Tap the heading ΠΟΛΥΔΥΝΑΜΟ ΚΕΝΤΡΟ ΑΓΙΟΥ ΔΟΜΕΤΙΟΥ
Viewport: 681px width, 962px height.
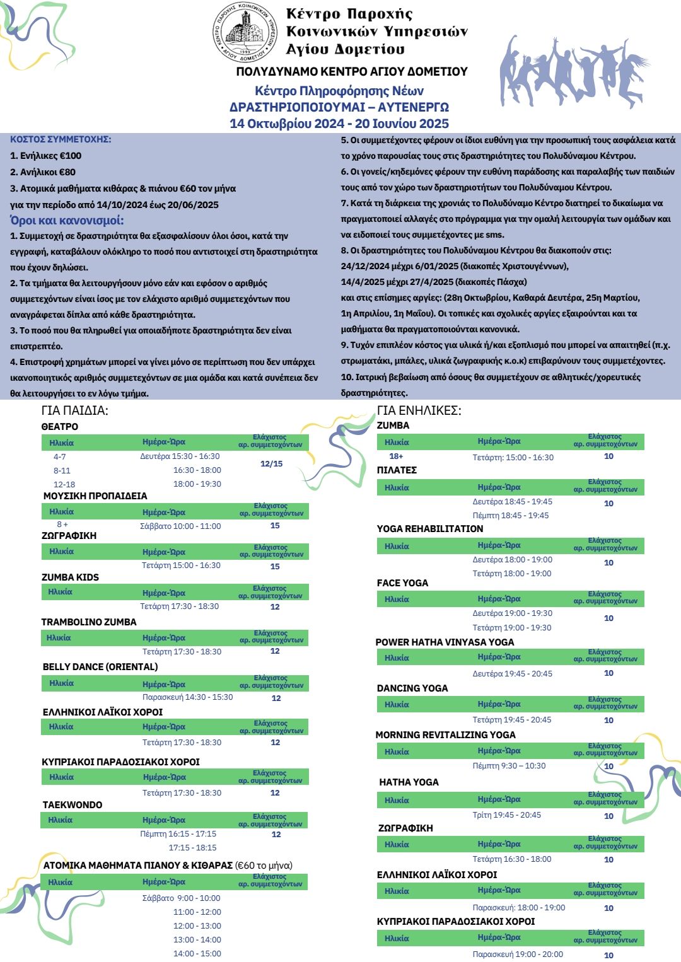tap(352, 72)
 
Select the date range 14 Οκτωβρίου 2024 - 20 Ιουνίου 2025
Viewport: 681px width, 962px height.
tap(339, 124)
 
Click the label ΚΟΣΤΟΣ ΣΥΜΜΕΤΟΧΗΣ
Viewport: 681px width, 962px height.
tap(61, 139)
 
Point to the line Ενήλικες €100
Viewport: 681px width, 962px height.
tap(46, 156)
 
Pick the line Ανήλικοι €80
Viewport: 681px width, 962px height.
tap(43, 172)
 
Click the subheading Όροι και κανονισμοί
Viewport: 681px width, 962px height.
tap(67, 220)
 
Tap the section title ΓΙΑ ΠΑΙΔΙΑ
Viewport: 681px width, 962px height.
tap(74, 410)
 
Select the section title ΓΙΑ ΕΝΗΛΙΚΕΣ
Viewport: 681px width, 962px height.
tap(419, 410)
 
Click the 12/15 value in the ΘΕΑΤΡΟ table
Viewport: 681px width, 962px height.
tap(271, 464)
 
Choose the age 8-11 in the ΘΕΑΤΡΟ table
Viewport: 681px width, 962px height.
tap(62, 470)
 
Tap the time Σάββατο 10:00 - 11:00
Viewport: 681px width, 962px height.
tap(180, 526)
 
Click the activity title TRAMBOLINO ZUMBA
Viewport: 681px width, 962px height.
tap(89, 622)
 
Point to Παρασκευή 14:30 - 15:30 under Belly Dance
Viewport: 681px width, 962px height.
tap(187, 697)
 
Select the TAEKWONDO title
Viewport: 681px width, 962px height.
tap(72, 805)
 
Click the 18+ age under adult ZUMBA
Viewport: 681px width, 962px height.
tap(396, 456)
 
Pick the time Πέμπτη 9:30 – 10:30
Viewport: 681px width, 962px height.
tap(509, 766)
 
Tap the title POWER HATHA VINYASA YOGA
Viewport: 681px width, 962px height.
tap(445, 642)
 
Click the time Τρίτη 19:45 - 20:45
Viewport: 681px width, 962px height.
tap(506, 815)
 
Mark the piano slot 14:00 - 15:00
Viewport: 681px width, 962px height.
tap(197, 954)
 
